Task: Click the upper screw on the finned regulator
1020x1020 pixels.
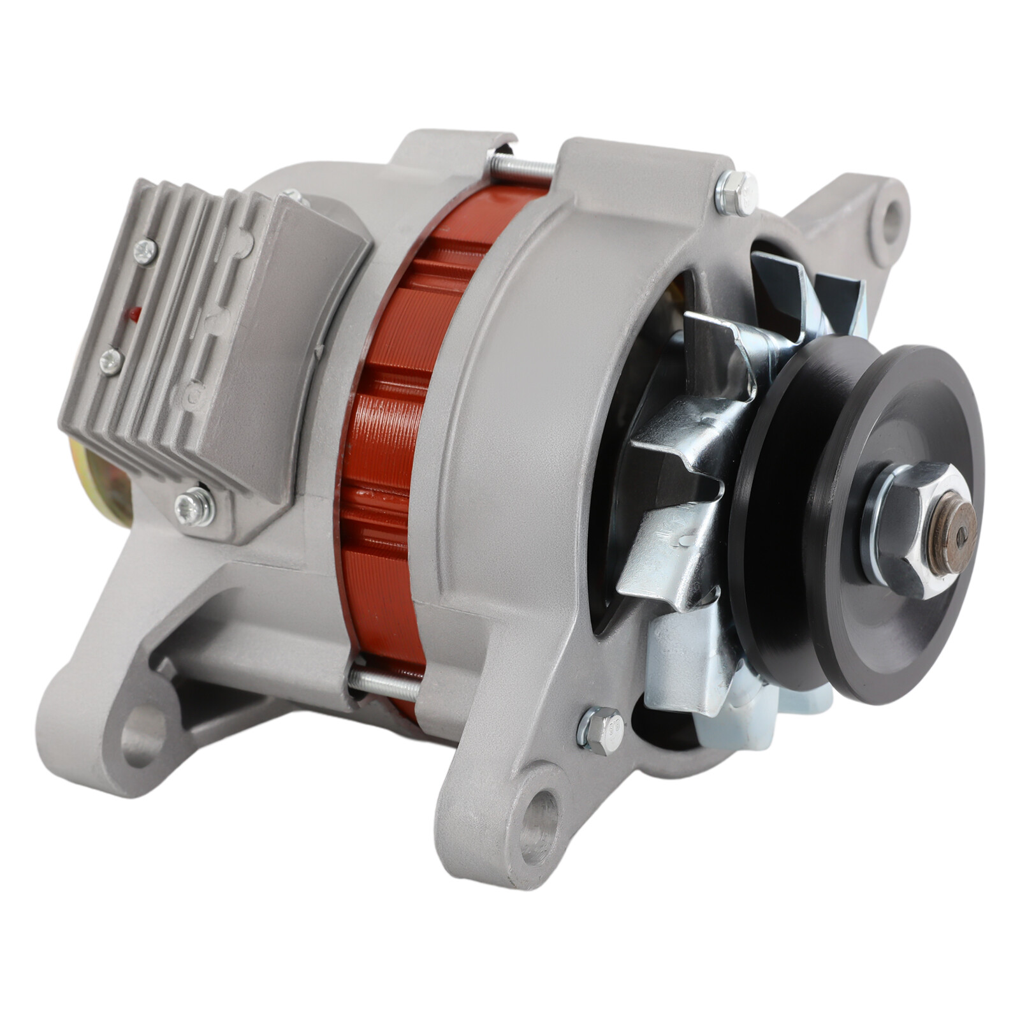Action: coord(145,252)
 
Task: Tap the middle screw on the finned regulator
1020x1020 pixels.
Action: coord(111,361)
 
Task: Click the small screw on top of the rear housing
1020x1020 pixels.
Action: coord(295,197)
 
